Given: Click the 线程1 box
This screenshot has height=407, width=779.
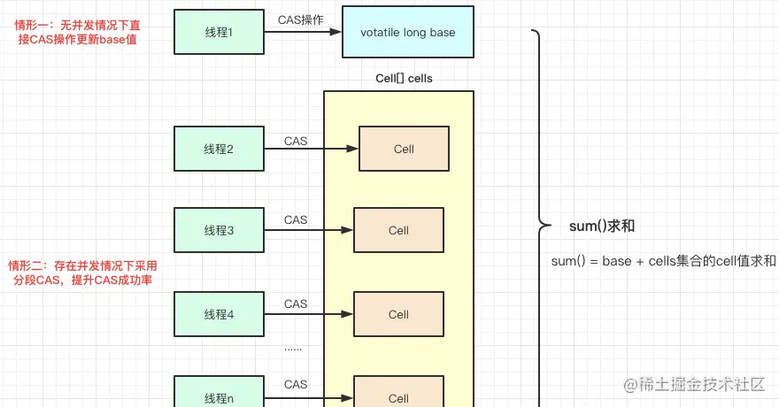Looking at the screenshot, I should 219,33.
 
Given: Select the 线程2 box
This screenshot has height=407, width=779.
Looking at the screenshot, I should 219,149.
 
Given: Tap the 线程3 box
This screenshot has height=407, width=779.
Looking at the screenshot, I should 219,230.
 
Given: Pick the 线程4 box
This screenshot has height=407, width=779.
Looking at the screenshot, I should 219,314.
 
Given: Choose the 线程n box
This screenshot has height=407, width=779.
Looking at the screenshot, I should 219,396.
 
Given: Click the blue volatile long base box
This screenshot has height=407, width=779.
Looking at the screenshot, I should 408,33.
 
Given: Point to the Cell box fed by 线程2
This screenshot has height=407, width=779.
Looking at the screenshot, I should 404,149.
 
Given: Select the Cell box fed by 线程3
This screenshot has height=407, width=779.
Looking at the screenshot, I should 398,230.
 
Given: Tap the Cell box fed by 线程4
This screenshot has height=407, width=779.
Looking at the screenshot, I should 398,314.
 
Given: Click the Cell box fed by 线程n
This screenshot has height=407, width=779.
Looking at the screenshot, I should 398,396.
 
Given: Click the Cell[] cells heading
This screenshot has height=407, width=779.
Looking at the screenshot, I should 404,79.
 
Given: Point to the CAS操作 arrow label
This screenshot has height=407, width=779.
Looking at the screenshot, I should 300,19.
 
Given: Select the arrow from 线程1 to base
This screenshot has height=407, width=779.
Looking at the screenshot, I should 303,33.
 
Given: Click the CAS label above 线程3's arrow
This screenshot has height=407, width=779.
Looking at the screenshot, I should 296,219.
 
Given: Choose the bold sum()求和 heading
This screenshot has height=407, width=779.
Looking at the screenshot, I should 602,227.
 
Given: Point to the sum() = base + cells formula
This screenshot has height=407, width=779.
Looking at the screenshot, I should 663,261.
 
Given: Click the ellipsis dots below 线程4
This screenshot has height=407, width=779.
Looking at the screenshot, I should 293,348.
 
